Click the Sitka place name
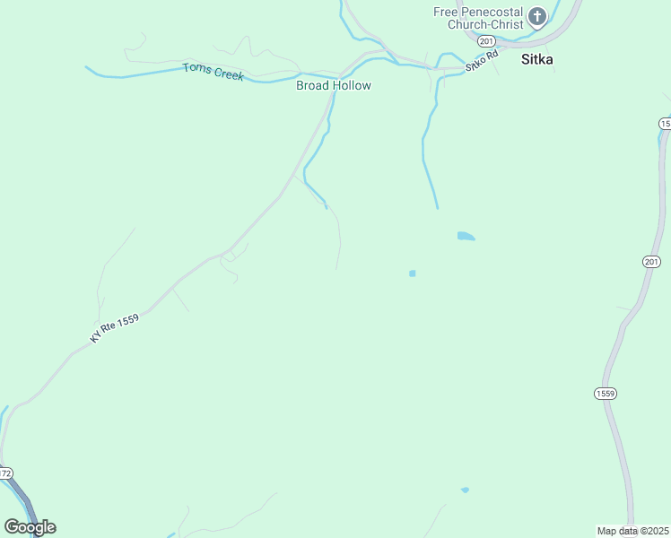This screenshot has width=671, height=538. coord(536,61)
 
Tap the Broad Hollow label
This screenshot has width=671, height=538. coord(334,86)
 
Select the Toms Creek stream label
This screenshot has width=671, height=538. coord(213,71)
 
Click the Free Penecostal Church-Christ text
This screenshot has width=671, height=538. coord(477,18)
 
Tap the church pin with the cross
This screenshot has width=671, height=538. coord(536,16)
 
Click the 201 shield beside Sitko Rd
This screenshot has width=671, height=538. coord(486,41)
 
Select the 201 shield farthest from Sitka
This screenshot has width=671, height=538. coord(651,261)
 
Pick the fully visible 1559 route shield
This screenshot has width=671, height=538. coord(605,393)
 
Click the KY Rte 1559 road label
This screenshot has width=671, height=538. coord(115,328)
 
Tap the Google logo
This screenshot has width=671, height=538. coord(30,527)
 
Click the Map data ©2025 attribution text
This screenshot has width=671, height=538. coord(633,531)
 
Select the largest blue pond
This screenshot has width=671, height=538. coord(466,237)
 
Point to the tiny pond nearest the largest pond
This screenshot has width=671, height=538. coord(412,273)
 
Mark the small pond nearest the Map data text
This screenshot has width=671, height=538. coord(465,490)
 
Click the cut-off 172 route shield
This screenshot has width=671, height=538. coord(5,473)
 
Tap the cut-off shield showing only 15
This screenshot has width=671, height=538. coord(665,123)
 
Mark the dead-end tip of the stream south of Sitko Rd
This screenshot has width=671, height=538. coord(438,208)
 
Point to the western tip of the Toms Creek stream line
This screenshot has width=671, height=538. coord(87,67)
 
